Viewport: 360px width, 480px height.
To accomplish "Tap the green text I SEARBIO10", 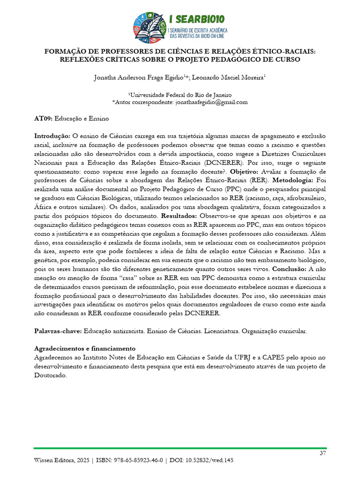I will (x=197, y=19).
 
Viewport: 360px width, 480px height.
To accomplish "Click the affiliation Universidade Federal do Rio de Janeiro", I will (x=180, y=94).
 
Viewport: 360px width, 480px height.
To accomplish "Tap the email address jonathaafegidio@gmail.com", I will (x=211, y=102).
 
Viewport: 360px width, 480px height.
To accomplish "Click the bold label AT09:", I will (x=45, y=119).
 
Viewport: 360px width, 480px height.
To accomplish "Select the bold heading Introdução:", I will (x=52, y=136).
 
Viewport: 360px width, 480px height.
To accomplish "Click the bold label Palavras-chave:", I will (x=58, y=331).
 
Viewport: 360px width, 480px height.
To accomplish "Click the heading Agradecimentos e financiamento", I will (x=85, y=348).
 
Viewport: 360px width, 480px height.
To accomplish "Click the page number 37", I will (x=322, y=453).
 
